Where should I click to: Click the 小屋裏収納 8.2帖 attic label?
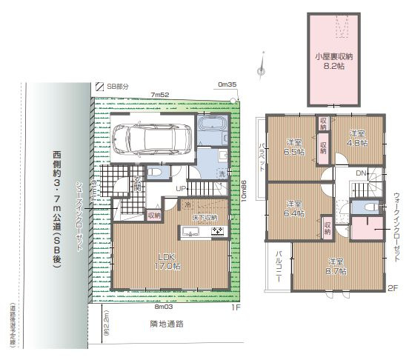tap(333, 61)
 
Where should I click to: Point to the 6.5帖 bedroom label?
tap(293, 147)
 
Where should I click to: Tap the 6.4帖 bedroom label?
tap(293, 208)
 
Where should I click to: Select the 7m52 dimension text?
tap(161, 95)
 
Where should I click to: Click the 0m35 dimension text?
tap(227, 85)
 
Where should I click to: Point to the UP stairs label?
tap(180, 190)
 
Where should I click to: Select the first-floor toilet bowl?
tap(154, 172)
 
